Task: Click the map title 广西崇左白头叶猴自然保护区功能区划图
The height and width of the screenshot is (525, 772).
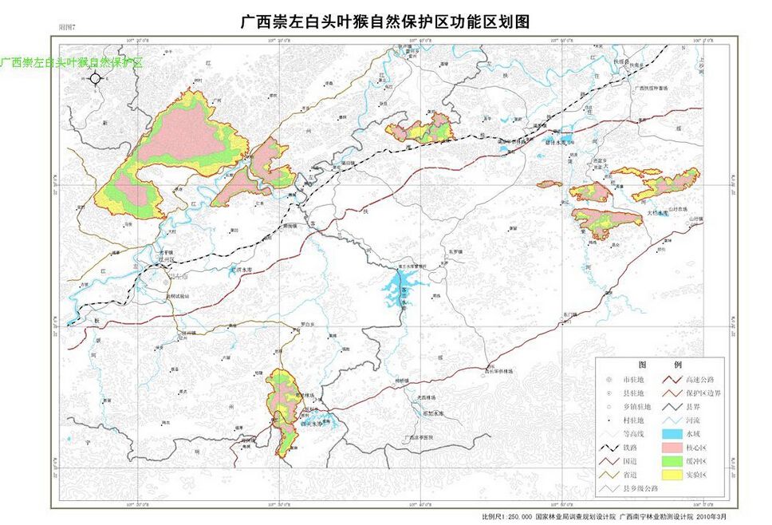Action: tap(385, 22)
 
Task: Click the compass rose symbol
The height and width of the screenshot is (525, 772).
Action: tap(95, 78)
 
